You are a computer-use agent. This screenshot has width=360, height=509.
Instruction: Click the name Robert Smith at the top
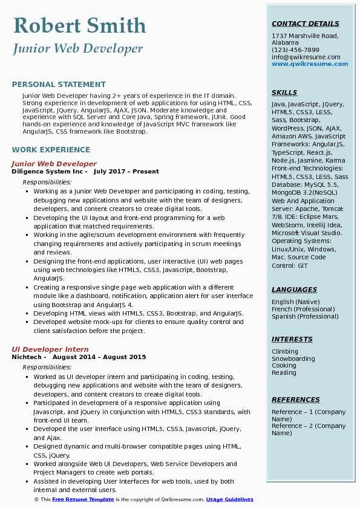[79, 25]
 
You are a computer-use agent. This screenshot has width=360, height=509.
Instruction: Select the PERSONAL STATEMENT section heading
[59, 85]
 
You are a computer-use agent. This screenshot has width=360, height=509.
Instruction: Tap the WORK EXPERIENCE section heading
[51, 150]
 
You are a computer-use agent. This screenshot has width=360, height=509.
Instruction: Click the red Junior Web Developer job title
[54, 164]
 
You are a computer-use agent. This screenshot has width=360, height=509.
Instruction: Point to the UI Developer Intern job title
[50, 349]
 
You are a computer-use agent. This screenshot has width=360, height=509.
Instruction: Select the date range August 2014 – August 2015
[99, 357]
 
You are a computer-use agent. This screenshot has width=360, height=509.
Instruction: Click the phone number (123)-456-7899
[295, 50]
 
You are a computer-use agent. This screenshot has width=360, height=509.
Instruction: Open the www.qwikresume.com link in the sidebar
[310, 64]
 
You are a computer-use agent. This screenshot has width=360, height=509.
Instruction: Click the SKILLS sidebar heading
[284, 93]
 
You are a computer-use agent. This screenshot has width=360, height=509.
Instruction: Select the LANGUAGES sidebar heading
[294, 290]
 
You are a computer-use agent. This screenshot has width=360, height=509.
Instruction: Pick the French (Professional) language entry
[303, 309]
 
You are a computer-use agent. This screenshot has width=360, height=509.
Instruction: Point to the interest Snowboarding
[293, 358]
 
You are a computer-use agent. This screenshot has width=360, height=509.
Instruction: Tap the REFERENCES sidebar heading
[296, 400]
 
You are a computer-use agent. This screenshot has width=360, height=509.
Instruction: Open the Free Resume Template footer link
[83, 499]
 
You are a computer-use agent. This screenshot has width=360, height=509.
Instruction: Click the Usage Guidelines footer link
[229, 499]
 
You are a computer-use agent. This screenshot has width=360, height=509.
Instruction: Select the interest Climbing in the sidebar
[285, 351]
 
